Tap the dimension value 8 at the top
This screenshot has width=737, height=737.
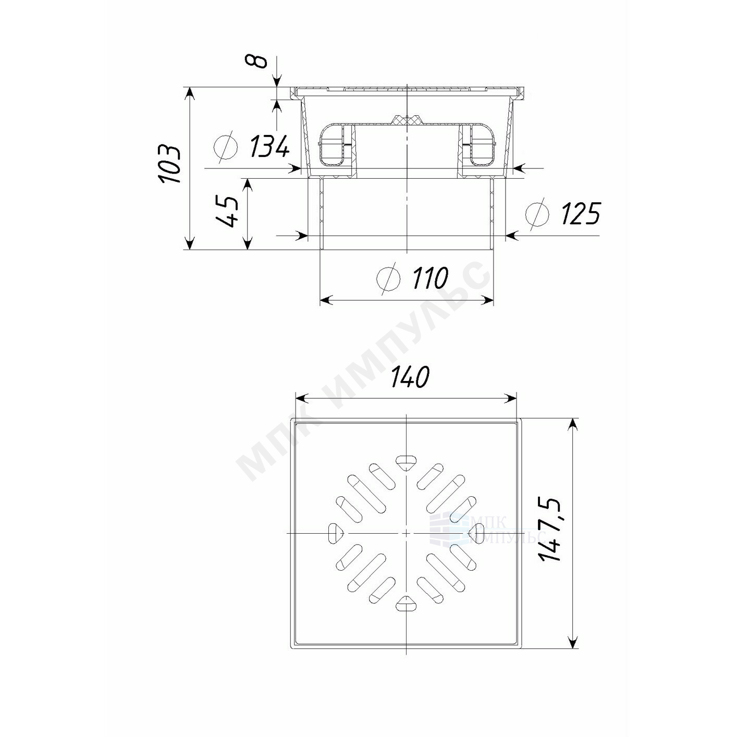click(260, 61)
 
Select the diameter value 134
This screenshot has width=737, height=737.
click(269, 146)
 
